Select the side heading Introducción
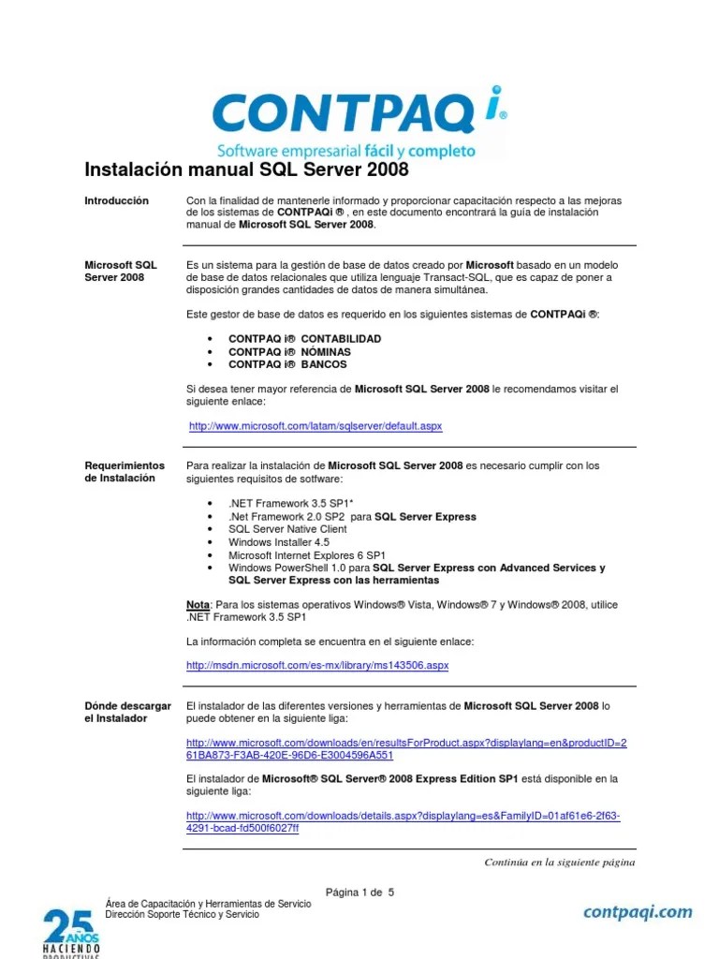pyautogui.click(x=116, y=200)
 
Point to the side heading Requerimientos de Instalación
pyautogui.click(x=124, y=471)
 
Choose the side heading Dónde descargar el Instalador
pyautogui.click(x=127, y=712)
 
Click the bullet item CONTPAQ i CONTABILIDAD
pyautogui.click(x=292, y=338)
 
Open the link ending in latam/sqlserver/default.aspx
pyautogui.click(x=315, y=426)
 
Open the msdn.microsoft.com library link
pyautogui.click(x=317, y=665)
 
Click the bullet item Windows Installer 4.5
pyautogui.click(x=279, y=541)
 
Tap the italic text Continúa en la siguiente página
pyautogui.click(x=559, y=863)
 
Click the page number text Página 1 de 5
pyautogui.click(x=359, y=892)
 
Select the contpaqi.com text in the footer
pyautogui.click(x=638, y=911)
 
